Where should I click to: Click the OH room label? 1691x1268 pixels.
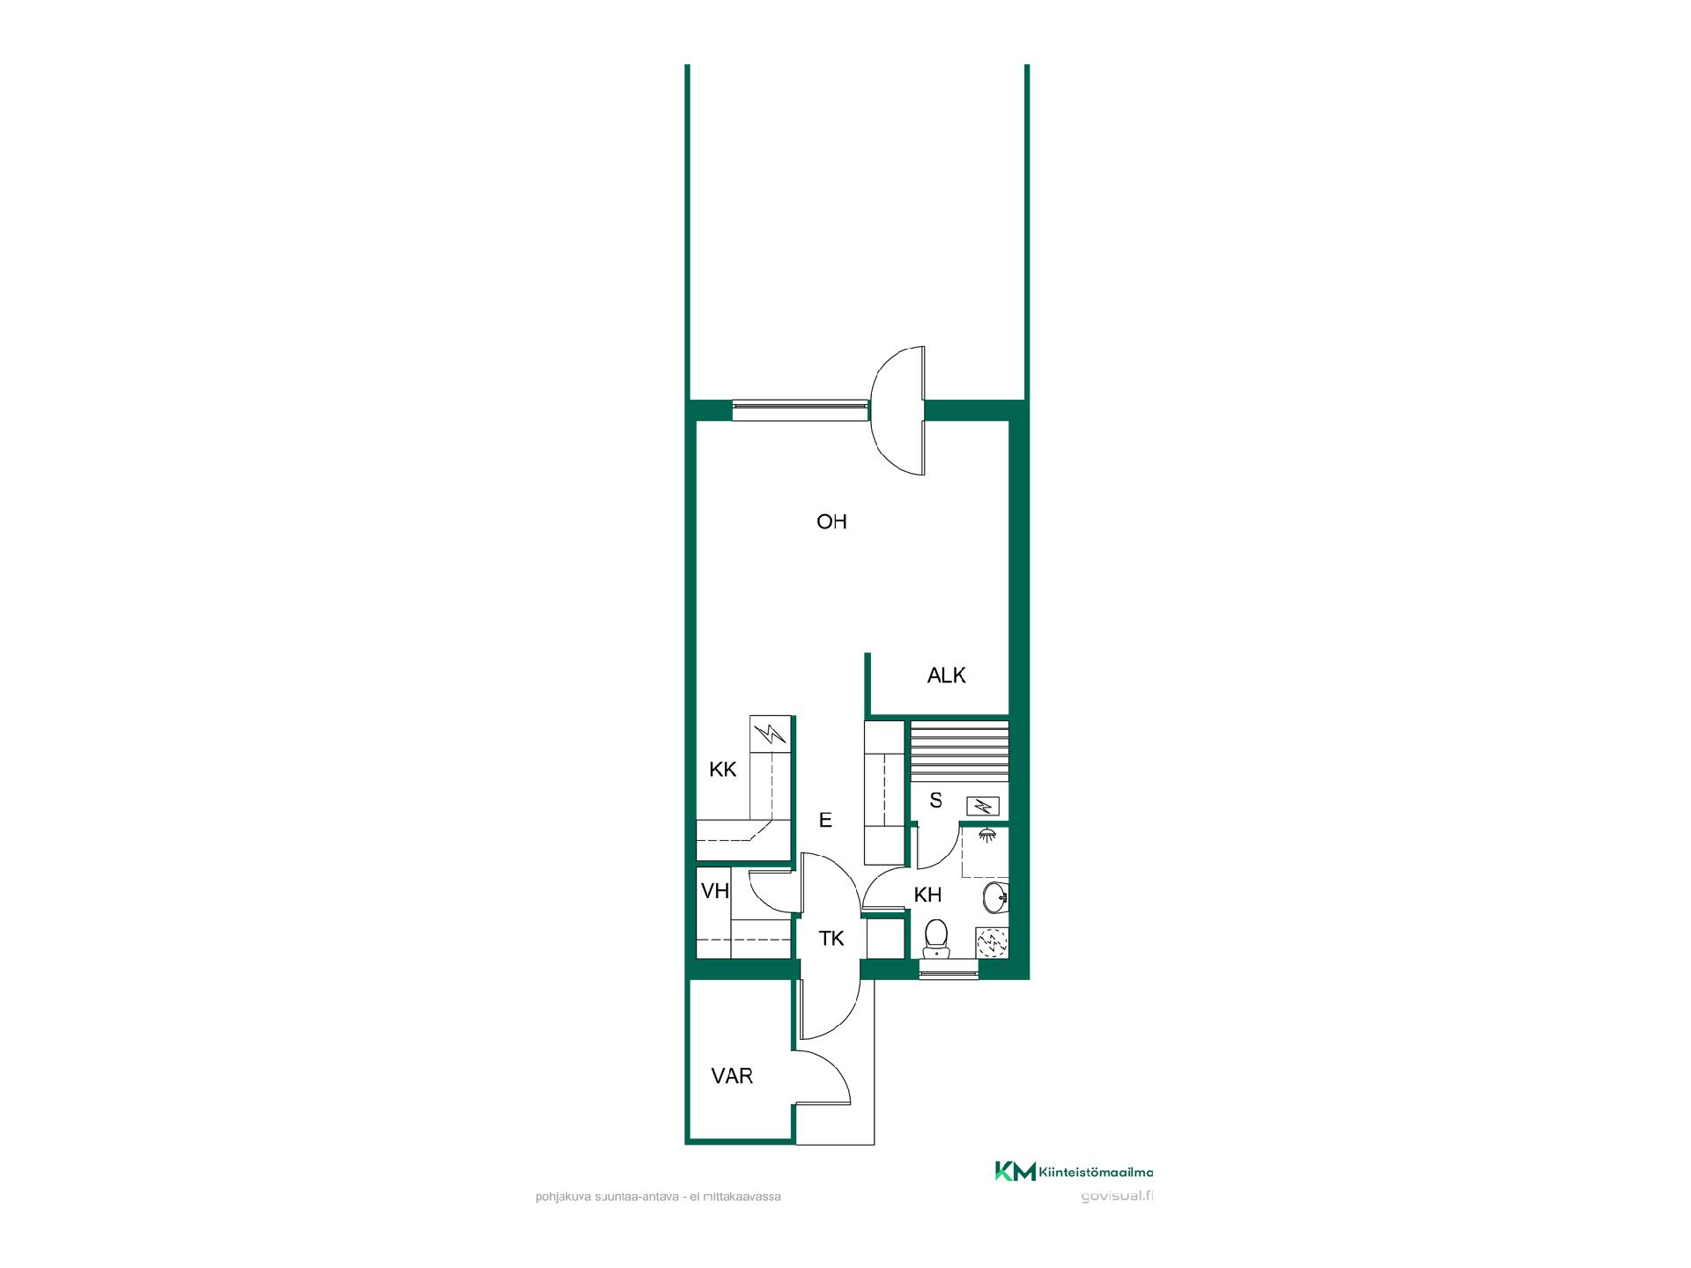(831, 522)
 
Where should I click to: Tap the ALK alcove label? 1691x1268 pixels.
(947, 675)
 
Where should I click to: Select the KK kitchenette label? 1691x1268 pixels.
(723, 770)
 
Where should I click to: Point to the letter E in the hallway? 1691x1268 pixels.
(825, 821)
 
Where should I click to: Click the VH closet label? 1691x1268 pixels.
(715, 891)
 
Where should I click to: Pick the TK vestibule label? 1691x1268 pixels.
(831, 939)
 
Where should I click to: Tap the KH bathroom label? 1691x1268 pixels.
(928, 896)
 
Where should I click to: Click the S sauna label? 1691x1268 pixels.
(936, 800)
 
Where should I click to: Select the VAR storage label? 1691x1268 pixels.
(733, 1076)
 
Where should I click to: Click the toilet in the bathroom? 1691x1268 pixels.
(935, 939)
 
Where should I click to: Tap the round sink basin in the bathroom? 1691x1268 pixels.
(996, 898)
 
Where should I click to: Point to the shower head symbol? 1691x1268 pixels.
(987, 834)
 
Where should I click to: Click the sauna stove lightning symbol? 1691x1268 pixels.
(983, 806)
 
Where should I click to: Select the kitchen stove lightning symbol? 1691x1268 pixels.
(772, 733)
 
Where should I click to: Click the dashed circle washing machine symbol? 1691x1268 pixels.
(993, 944)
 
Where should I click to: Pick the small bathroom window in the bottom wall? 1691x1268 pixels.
(949, 969)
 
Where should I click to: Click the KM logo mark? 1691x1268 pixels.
(1015, 1171)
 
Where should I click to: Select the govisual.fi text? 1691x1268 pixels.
(1116, 1197)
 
